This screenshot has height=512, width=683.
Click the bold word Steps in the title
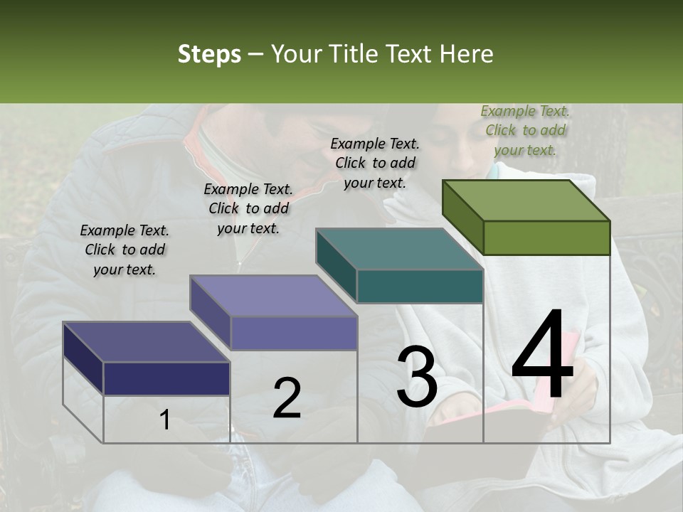209,54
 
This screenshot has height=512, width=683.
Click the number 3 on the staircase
417,377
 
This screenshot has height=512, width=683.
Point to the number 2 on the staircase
287,398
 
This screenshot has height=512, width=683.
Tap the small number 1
165,420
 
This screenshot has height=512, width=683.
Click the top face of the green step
526,200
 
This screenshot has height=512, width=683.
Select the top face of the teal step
399,249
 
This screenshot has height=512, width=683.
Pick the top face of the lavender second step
273,296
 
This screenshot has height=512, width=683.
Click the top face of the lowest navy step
147,342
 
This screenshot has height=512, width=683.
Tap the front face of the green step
546,238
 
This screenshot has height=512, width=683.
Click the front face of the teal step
420,287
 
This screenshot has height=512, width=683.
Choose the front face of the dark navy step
166,378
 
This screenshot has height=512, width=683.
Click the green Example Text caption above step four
525,130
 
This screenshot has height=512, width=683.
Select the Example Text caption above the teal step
375,163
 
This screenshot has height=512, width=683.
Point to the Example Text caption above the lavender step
248,208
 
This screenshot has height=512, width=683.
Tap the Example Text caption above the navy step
125,250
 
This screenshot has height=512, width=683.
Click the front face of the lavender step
293,333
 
